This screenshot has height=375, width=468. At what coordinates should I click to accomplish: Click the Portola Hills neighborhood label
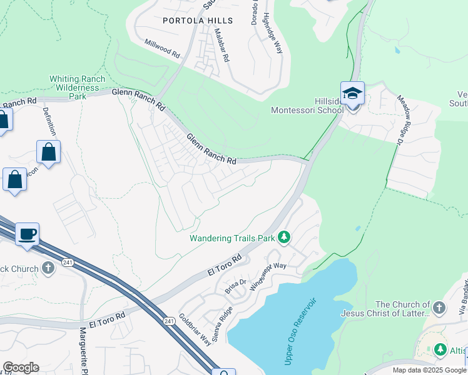coord(197,21)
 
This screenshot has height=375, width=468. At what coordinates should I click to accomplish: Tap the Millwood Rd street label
coord(162,50)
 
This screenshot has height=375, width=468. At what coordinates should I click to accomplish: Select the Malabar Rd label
coord(221,44)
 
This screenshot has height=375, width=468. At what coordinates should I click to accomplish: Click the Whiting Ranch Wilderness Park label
coord(78,87)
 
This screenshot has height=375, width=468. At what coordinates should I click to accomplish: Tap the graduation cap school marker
coord(353,94)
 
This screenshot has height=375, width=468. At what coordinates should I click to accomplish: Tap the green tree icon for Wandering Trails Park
coord(284,237)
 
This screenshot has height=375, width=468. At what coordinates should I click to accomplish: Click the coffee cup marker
coord(28,235)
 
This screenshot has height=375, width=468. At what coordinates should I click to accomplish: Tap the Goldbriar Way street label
coord(194,329)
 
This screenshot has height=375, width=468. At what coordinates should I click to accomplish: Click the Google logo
coord(21,367)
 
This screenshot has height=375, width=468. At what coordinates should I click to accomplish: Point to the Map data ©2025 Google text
coord(429,370)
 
